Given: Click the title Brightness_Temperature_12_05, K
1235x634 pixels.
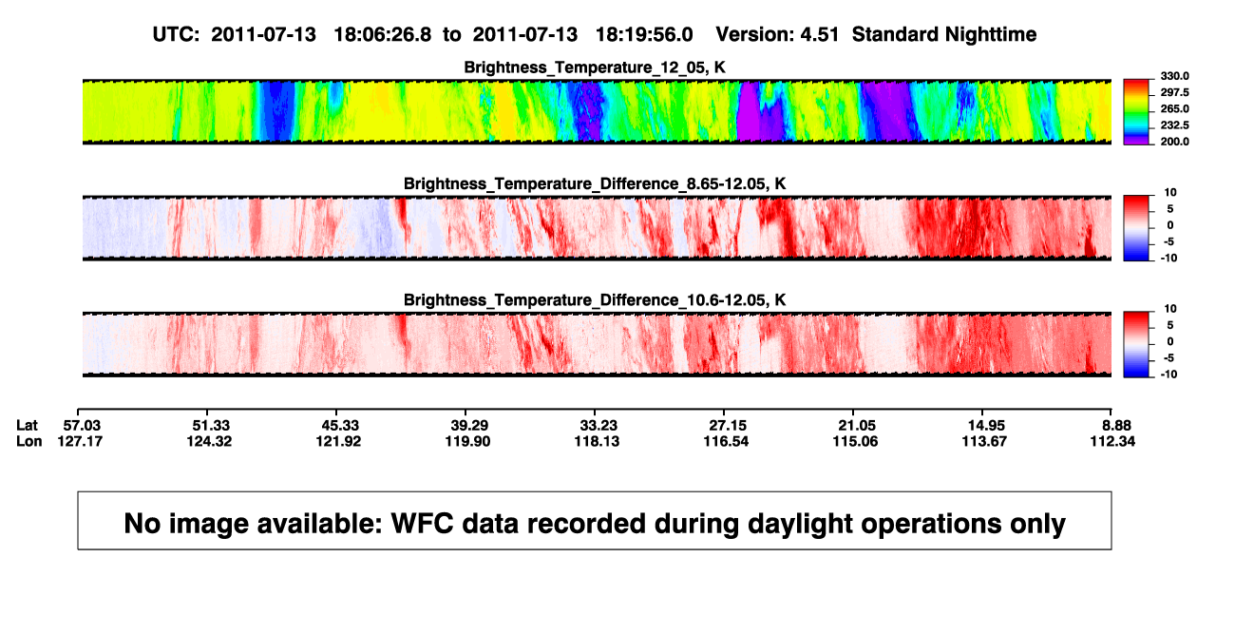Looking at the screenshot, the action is [595, 67].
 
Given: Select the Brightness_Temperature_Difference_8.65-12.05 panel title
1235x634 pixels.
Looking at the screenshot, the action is [595, 183].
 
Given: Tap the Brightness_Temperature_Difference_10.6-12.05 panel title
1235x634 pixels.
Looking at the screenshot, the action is [595, 300].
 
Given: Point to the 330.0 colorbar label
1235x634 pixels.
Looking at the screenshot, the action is [1174, 76].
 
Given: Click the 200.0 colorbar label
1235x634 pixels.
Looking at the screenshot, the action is [1174, 142].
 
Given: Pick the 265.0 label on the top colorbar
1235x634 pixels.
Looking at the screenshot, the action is [1174, 108].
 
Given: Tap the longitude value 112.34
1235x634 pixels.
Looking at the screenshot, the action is [1112, 441].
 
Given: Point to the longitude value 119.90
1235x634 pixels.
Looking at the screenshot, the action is [467, 441].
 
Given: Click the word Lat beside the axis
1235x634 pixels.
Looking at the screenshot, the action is [27, 426].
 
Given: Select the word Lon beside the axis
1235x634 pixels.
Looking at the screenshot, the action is [29, 441].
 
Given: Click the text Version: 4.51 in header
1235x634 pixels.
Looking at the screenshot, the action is [777, 34].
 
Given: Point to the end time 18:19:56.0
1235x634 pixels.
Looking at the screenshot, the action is [644, 34].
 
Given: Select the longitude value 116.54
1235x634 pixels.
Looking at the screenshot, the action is [726, 441].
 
